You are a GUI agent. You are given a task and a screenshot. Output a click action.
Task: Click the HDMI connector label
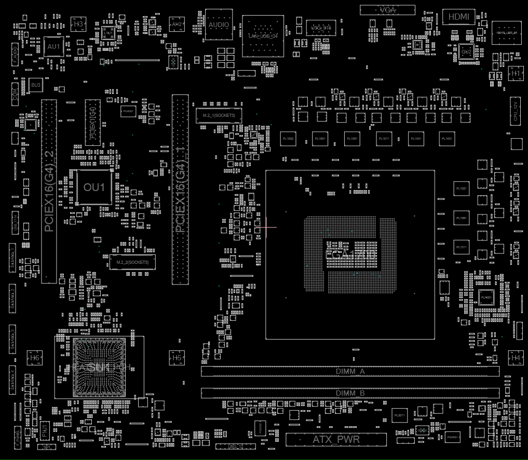coord(458,17)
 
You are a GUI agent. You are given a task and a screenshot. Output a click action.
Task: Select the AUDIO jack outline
coord(218,24)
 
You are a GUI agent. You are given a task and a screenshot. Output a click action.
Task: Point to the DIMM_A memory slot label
coord(350,372)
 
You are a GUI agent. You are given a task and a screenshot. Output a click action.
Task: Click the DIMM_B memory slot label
coord(350,393)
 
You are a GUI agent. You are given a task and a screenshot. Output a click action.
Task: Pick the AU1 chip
coord(53,47)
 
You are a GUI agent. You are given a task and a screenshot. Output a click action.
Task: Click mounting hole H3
coord(78,24)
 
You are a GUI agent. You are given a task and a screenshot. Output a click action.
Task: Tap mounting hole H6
coord(34,358)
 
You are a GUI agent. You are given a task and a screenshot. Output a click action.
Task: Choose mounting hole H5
coord(177,358)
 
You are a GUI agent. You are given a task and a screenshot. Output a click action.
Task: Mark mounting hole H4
coord(516,358)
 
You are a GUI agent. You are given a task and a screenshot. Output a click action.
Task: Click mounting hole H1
coord(516,74)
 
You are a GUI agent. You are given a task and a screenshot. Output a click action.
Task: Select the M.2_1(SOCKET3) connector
coord(219,115)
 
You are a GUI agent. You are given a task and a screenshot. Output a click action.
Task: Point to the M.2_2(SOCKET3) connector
coord(132,262)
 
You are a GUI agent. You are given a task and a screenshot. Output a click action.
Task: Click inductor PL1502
coord(288,139)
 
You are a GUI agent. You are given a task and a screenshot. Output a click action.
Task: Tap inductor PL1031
coord(446,139)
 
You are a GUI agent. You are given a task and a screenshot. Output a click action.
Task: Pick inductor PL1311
coord(461,248)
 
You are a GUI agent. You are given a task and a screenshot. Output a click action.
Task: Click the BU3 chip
coord(36,84)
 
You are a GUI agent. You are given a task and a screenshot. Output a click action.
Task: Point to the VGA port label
coord(388,10)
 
